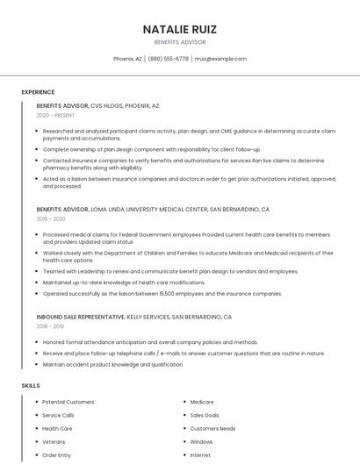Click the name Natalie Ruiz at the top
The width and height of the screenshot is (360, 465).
tap(180, 29)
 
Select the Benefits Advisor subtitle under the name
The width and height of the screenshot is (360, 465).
tap(180, 42)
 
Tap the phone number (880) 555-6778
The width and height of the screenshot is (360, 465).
tap(168, 59)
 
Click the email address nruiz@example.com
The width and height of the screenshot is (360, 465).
tap(220, 59)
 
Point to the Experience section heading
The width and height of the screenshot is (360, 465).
tap(38, 92)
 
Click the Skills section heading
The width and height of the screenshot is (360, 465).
tap(31, 385)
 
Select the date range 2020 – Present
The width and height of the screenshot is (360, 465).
tap(55, 115)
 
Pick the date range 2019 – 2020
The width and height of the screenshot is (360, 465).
tap(50, 219)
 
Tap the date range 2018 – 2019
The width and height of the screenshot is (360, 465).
tap(50, 325)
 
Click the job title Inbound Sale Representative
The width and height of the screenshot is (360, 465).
tap(81, 316)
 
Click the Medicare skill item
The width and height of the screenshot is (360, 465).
tap(202, 402)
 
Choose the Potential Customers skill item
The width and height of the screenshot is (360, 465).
tap(68, 402)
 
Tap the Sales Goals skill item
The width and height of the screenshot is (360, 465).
tap(205, 415)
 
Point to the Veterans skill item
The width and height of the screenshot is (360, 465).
tap(54, 442)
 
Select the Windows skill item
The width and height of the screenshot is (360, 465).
tap(201, 442)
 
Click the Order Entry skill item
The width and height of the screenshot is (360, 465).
tap(56, 455)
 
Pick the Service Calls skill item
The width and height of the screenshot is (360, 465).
tap(58, 415)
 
